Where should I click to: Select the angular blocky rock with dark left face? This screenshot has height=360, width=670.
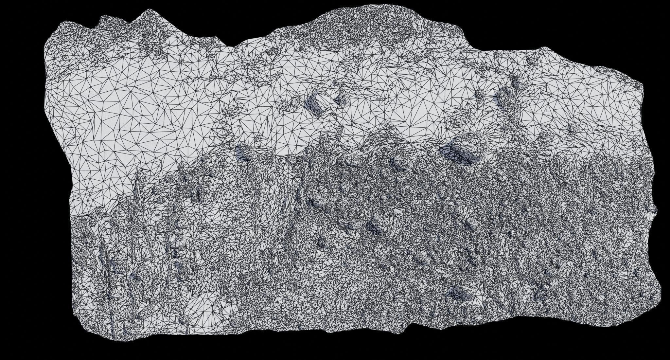pos(316,102)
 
